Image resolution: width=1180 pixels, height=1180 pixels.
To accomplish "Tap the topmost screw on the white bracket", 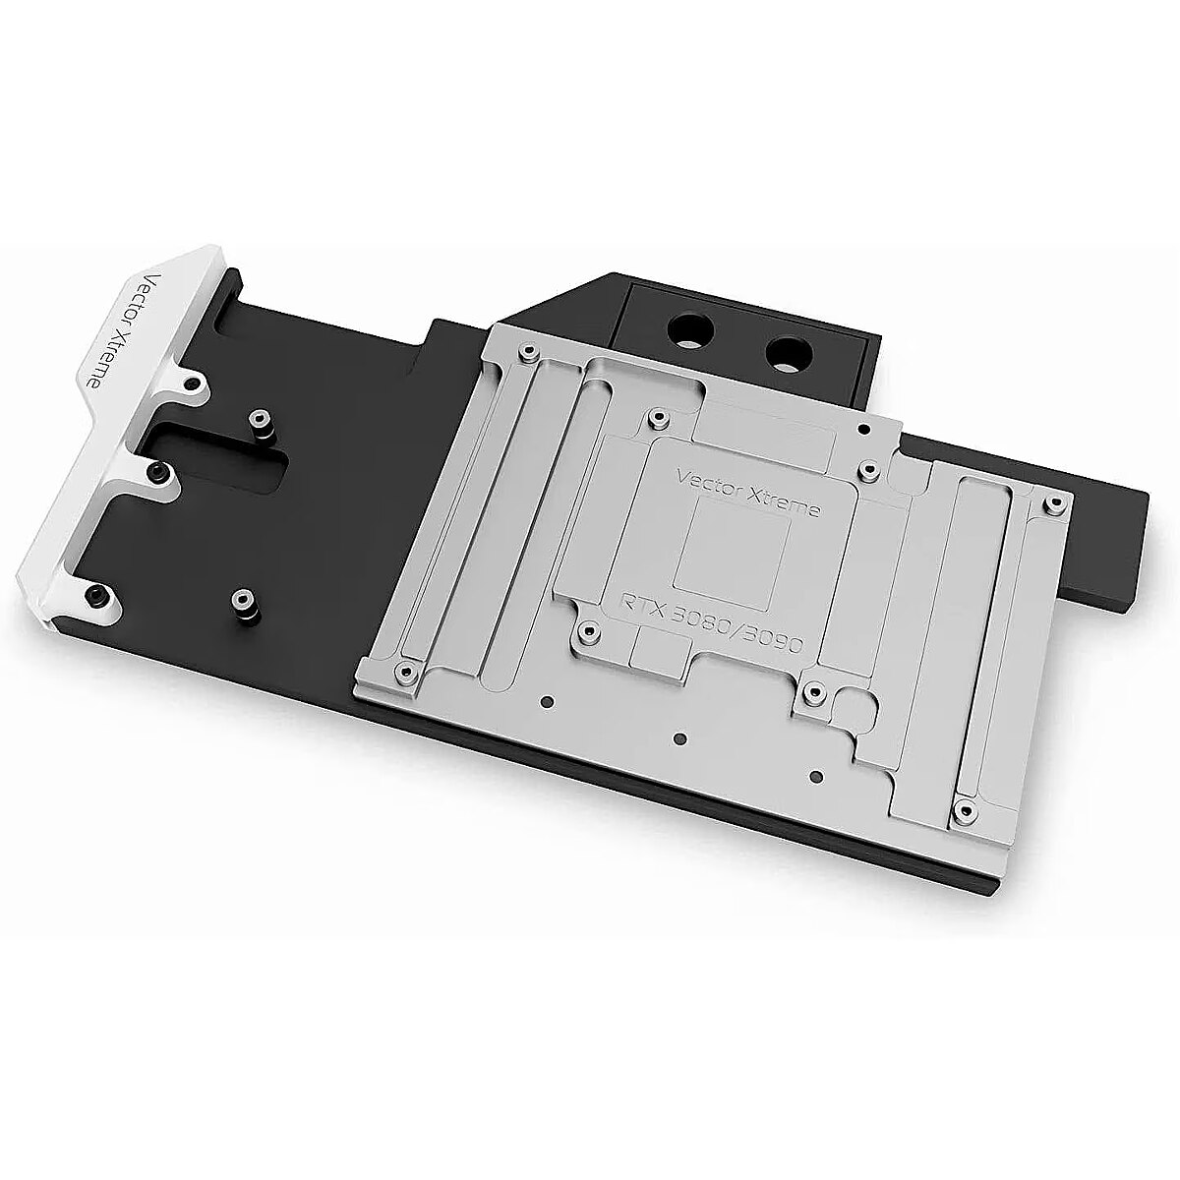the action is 195,383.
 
